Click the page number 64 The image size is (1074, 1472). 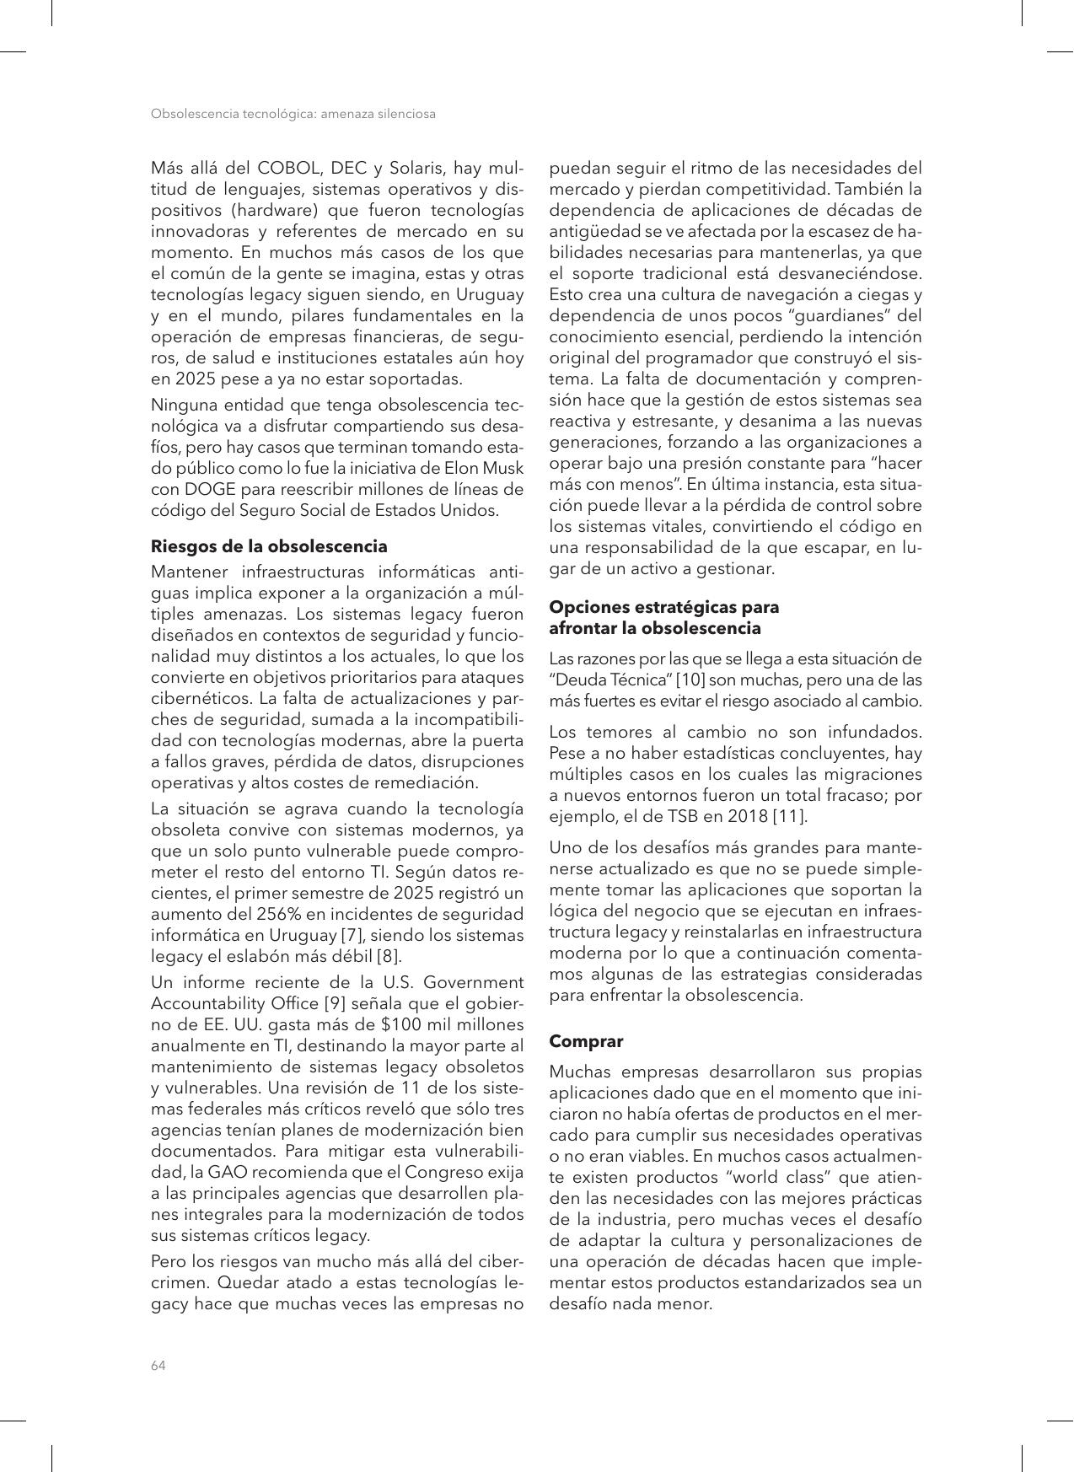coord(158,1366)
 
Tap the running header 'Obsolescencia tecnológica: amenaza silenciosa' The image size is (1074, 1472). coord(293,114)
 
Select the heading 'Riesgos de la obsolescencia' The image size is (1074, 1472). coord(269,545)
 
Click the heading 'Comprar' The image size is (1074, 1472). coord(586,1041)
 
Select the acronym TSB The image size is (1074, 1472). coord(685,816)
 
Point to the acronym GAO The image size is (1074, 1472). coord(227,1173)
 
